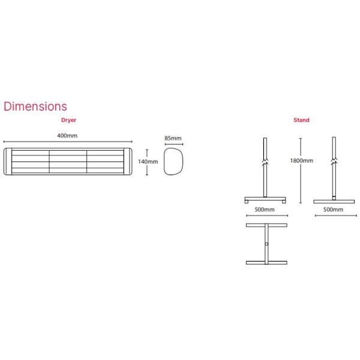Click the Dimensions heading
(35, 106)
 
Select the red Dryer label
(68, 120)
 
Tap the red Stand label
(301, 120)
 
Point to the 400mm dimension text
(67, 136)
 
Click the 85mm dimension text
(173, 138)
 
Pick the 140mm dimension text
(148, 161)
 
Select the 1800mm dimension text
(302, 161)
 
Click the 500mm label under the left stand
(265, 209)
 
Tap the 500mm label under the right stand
(333, 209)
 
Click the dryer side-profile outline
(173, 161)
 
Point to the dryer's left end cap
(8, 161)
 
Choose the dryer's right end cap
(128, 161)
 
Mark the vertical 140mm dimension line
(147, 162)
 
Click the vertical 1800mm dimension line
(301, 170)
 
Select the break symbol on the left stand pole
(265, 161)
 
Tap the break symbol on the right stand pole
(334, 161)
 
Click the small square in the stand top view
(266, 244)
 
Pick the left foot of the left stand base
(247, 202)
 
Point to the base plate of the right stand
(334, 202)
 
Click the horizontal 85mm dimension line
(174, 144)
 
